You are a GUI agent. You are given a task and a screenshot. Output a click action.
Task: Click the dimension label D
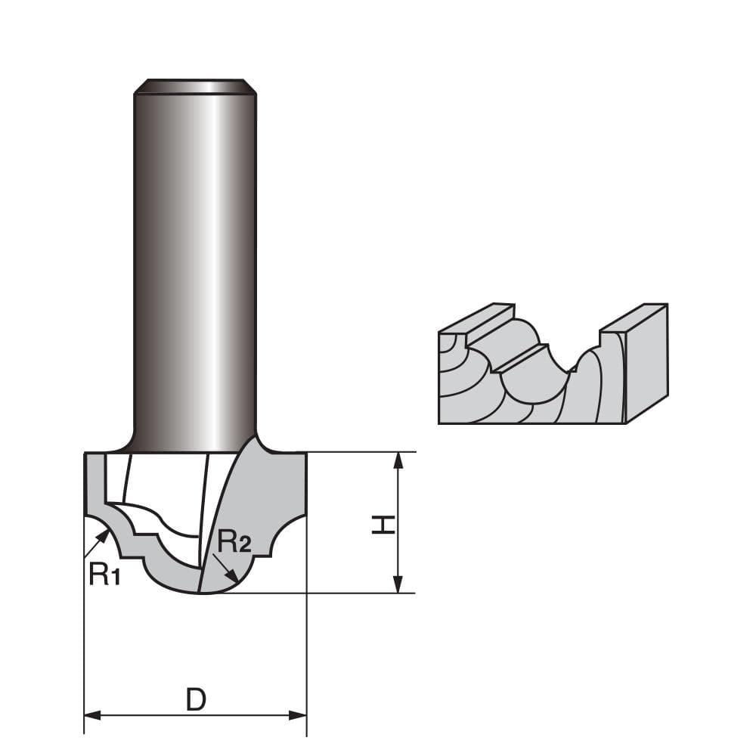point(196,700)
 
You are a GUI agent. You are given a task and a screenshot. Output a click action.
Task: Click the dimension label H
point(384,523)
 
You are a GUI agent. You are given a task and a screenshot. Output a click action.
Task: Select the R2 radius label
point(234,541)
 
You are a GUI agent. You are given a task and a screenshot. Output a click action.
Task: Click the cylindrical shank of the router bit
point(195,265)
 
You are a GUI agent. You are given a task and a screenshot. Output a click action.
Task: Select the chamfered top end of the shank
point(195,86)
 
